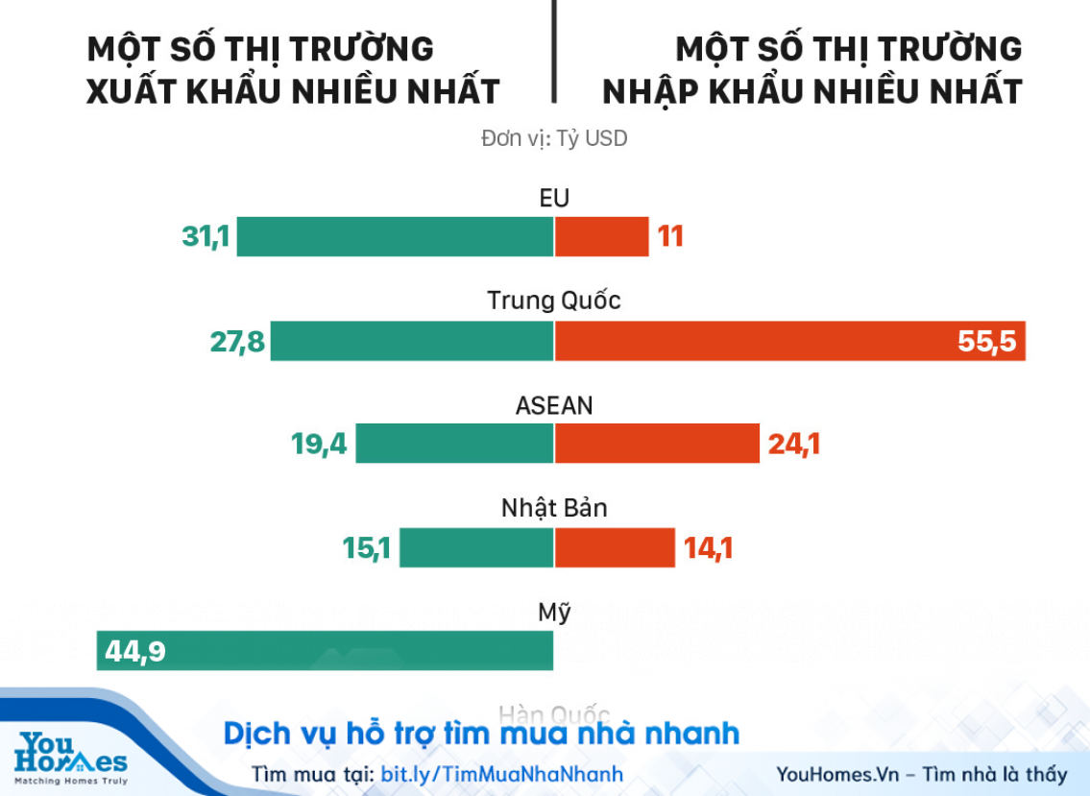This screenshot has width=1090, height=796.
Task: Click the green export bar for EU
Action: coord(395,236)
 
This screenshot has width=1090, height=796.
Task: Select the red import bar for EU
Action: coord(602,236)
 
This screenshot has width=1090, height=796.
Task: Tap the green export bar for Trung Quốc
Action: coord(412,341)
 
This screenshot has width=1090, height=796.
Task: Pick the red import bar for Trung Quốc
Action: coord(749,341)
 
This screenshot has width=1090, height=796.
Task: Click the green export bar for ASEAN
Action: coord(454,444)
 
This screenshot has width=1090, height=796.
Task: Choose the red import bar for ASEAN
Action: coord(657,444)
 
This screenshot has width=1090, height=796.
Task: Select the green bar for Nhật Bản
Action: coord(476,547)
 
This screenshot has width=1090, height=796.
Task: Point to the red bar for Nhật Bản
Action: coord(615,547)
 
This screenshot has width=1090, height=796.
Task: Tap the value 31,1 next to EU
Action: coord(206,236)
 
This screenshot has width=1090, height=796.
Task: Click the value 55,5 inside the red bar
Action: coord(986,342)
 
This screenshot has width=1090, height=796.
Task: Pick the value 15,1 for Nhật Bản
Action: coord(367,548)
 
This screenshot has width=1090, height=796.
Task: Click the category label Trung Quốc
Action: coord(554,301)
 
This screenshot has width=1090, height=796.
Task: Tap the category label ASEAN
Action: coord(554,405)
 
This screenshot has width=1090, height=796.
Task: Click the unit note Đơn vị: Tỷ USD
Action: coord(554,138)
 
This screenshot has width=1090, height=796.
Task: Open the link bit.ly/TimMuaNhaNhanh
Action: coord(502,774)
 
